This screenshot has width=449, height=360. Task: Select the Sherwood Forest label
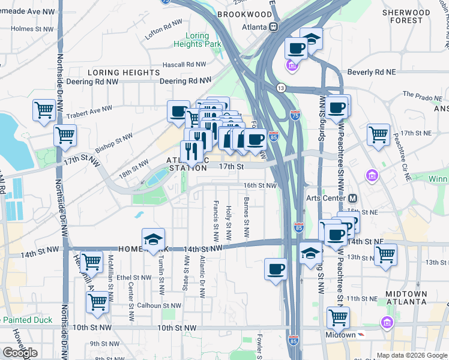click(x=409, y=16)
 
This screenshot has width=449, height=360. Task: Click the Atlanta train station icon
click(x=274, y=26)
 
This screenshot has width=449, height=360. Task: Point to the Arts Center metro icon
click(x=353, y=198)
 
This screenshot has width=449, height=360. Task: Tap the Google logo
click(x=20, y=352)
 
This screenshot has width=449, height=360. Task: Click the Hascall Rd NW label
click(x=187, y=64)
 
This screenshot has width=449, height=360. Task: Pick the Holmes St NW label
click(x=29, y=28)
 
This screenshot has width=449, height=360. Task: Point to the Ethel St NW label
click(x=134, y=278)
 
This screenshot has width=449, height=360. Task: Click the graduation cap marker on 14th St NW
click(x=153, y=240)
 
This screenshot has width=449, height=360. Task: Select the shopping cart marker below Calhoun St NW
click(x=97, y=304)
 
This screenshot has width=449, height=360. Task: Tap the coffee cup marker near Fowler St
click(x=276, y=269)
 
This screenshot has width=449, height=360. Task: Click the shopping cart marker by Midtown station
click(x=339, y=318)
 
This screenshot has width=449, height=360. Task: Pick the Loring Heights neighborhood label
click(x=124, y=73)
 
